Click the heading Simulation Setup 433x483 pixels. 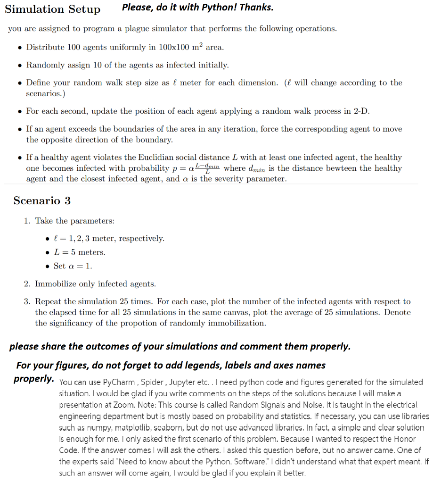click(x=52, y=9)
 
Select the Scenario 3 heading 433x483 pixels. click(x=42, y=200)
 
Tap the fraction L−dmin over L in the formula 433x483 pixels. click(x=208, y=168)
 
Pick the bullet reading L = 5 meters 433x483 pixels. click(x=80, y=252)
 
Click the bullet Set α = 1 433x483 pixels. click(x=73, y=266)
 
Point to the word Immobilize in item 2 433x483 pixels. click(x=56, y=283)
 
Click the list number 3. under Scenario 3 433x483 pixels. click(x=27, y=301)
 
